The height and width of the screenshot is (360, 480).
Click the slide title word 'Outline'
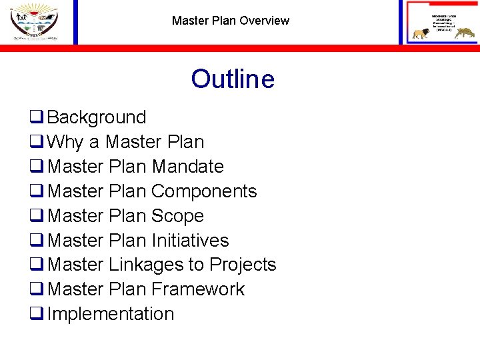coord(232,79)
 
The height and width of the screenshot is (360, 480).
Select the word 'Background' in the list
coord(97,117)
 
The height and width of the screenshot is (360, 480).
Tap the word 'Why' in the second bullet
coord(65,142)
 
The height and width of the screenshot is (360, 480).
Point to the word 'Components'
coord(203,191)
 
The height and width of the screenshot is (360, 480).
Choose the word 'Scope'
coord(177,216)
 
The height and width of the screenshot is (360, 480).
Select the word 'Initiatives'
coord(190,241)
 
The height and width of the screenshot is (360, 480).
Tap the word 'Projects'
coord(243,265)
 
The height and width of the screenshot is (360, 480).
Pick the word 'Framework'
coord(198,290)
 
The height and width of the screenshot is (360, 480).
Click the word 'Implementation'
coord(111,314)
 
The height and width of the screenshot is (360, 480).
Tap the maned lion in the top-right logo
coord(421,33)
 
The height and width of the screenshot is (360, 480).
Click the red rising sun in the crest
coord(33,8)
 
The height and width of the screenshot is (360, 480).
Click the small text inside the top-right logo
coord(441,20)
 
